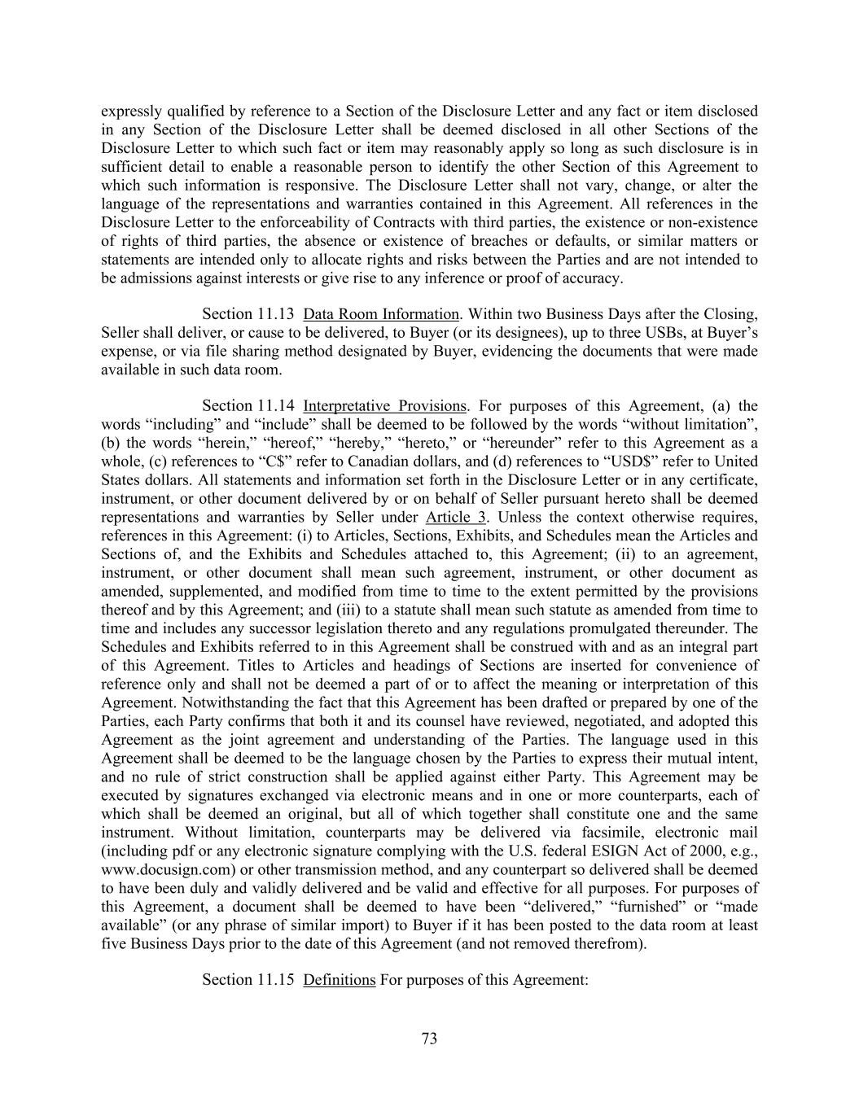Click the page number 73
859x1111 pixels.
coord(429,1039)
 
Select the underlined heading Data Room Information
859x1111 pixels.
coord(381,314)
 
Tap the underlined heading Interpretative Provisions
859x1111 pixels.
coord(384,406)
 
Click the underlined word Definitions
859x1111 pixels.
coord(339,979)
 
